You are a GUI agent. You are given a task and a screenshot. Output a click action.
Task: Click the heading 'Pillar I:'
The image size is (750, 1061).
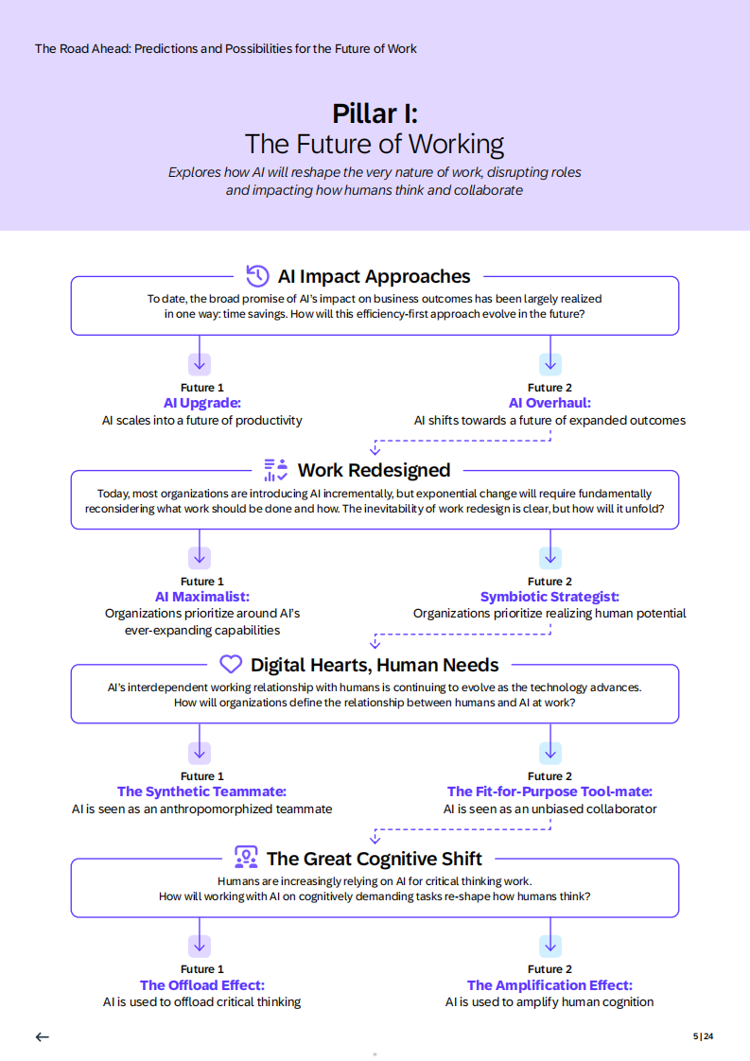[375, 113]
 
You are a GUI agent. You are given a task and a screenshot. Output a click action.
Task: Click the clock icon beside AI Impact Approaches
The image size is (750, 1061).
[257, 275]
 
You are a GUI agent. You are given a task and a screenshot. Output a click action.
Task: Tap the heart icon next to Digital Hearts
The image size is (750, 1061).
[231, 665]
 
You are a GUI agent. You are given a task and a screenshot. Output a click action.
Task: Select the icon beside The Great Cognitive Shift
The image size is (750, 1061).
[246, 858]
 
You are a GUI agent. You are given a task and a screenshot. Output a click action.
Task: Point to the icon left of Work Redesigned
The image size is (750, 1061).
[275, 470]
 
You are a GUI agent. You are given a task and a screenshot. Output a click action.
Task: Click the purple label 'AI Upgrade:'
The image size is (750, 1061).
[202, 403]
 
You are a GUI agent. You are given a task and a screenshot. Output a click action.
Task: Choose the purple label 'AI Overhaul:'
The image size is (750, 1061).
[549, 403]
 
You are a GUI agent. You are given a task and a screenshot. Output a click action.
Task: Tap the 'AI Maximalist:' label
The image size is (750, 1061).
[202, 597]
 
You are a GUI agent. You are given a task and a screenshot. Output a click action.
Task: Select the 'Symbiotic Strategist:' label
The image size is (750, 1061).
[549, 597]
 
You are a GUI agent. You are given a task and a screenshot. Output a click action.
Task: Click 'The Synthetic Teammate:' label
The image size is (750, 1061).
[201, 791]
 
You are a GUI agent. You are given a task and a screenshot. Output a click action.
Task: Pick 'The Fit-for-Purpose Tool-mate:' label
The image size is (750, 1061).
[549, 791]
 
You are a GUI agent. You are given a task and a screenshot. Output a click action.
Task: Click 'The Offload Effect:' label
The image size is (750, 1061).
[202, 985]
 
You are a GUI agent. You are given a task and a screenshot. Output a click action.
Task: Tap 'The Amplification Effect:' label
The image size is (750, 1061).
[549, 985]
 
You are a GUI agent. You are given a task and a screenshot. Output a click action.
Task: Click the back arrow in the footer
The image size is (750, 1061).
[42, 1036]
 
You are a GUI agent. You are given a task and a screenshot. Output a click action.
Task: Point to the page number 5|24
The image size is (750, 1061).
[703, 1036]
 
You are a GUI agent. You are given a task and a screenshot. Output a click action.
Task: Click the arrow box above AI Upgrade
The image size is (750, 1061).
[199, 364]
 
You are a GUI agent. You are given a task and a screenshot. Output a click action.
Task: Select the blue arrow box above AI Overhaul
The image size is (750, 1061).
[550, 364]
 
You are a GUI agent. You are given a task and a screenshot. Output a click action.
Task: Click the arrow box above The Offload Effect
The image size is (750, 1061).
[199, 946]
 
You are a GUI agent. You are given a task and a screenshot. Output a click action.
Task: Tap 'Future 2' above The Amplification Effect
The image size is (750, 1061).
[549, 969]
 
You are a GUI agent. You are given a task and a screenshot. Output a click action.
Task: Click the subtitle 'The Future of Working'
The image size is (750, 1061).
[375, 144]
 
